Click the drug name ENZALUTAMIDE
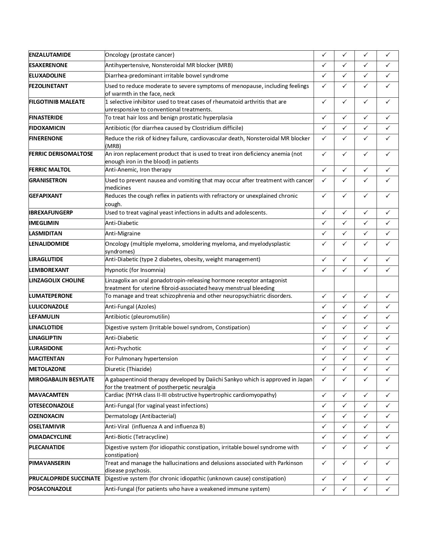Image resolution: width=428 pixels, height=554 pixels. pos(50,55)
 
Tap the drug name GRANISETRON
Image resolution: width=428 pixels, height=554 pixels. pos(48,180)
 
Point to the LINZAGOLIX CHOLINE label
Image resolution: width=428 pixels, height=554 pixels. pos(57,280)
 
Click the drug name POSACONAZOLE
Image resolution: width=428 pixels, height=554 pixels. pos(50,489)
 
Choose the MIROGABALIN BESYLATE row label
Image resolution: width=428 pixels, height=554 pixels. pos(61,379)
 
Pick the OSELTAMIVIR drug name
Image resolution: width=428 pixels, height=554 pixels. pos(47,426)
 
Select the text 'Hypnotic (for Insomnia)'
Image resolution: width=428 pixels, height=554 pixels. pos(135,270)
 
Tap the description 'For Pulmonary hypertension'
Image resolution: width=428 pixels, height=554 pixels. pos(141,359)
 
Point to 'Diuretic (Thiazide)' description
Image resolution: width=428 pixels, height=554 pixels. pos(128,369)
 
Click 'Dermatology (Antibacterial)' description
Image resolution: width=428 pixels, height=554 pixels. pos(140,416)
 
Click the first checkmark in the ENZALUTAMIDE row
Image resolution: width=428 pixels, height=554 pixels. pos(324,54)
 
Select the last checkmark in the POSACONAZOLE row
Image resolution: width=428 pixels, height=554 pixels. pos(388,489)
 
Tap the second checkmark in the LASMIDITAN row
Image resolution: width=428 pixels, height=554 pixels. pos(344,233)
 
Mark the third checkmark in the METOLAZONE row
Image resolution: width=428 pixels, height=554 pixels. pos(366,369)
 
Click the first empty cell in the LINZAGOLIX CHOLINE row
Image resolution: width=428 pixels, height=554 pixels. pos(324,284)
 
